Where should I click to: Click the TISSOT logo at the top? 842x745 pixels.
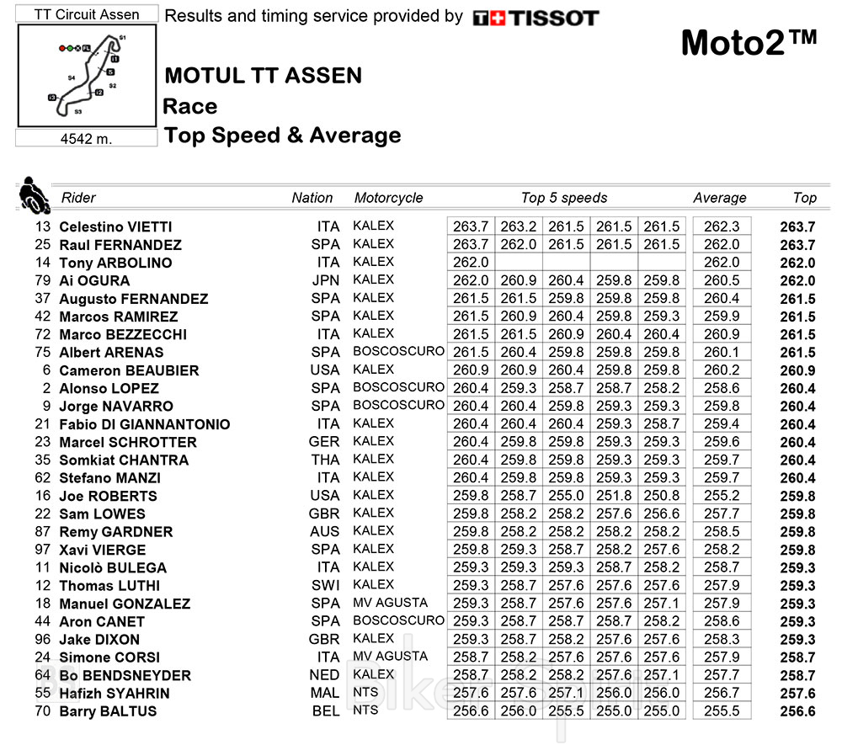pos(536,18)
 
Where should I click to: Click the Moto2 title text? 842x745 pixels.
pos(749,43)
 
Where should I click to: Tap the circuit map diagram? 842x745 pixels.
pos(87,75)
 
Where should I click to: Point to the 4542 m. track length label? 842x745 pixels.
pos(86,139)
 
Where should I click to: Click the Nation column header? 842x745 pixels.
pos(312,198)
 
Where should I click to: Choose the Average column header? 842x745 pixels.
pos(719,198)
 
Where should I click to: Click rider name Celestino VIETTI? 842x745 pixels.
pos(115,226)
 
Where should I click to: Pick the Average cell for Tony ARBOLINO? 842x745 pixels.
pos(721,263)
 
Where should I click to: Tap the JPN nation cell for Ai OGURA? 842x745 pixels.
pos(325,280)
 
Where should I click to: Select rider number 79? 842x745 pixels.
pos(43,280)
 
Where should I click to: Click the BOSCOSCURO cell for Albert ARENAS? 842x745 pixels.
pos(398,351)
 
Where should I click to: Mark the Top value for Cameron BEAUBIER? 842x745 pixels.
pos(797,370)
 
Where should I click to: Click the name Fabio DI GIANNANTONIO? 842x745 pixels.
pos(144,424)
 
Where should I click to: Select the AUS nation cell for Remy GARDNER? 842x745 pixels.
pos(325,531)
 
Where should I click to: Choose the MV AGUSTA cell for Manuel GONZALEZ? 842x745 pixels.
pos(391,603)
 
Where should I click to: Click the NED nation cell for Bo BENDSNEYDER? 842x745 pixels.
pos(325,674)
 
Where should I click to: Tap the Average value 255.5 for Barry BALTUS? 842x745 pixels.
pos(721,710)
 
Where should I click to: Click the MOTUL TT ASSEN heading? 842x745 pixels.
pos(263,76)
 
